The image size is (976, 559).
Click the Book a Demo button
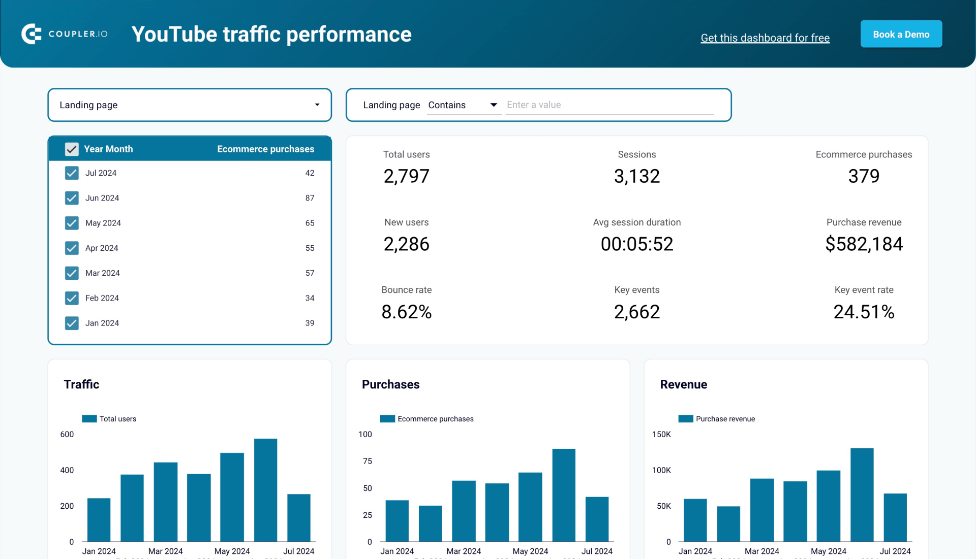[x=901, y=34]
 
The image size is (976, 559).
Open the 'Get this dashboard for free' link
[x=765, y=38]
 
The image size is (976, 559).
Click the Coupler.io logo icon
[x=31, y=34]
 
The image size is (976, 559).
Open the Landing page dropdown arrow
[x=317, y=105]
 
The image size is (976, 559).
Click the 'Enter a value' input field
[x=609, y=105]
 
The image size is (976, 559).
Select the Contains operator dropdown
[x=463, y=105]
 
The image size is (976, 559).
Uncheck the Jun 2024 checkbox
[x=72, y=198]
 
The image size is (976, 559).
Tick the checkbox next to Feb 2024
[x=72, y=298]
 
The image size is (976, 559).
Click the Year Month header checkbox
[x=72, y=149]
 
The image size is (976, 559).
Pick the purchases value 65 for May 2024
[x=310, y=223]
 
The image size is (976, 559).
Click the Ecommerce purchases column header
[x=265, y=149]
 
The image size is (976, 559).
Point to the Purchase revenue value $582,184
[x=864, y=244]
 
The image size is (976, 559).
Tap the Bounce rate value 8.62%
[x=406, y=312]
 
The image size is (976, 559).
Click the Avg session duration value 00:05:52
[x=636, y=244]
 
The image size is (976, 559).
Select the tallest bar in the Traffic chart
[x=265, y=490]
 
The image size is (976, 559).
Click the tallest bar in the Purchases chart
[x=563, y=495]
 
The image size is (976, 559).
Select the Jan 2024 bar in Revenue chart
[x=695, y=520]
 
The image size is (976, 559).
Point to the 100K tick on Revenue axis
[x=661, y=470]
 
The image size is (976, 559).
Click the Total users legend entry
[x=110, y=419]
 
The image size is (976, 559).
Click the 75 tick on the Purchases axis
[x=367, y=461]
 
